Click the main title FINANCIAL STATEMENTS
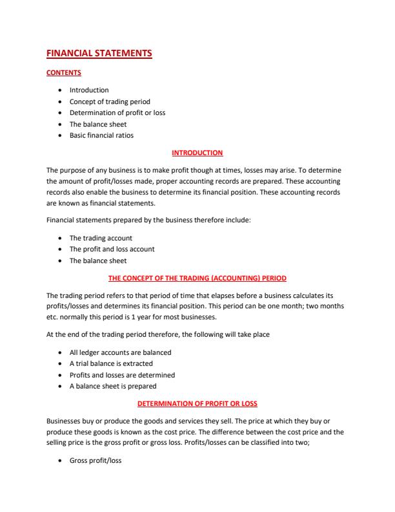99,54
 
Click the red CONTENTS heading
64,74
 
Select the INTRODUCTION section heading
197,153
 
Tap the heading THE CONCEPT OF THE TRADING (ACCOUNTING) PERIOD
197,278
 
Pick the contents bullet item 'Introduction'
89,90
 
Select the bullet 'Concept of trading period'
109,101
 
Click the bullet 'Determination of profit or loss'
117,112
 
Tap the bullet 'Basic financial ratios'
101,135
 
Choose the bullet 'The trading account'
101,238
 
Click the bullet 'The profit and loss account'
112,249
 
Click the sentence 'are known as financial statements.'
101,204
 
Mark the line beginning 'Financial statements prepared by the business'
148,220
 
